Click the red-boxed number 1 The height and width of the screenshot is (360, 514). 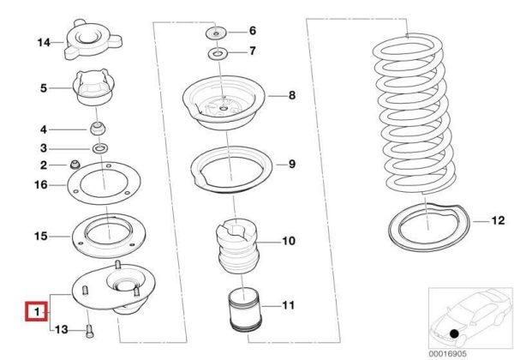point(37,311)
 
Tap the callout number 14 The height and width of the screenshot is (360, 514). point(44,42)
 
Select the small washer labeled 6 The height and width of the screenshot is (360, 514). point(217,33)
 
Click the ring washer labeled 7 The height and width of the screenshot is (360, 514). point(218,53)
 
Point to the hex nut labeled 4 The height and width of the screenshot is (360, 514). point(98,128)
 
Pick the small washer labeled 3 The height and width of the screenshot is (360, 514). point(99,148)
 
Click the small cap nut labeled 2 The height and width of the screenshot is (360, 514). point(75,165)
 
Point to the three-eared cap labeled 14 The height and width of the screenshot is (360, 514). point(93,41)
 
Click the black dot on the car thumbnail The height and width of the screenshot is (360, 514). point(454,333)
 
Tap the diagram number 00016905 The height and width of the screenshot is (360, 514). point(447,354)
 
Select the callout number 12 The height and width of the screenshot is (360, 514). point(498,220)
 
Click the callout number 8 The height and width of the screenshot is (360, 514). point(292,95)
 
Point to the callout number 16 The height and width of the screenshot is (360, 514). point(41,185)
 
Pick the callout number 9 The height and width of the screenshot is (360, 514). point(292,164)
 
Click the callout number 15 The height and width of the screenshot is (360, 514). point(41,236)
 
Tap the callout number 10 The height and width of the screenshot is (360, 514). point(289,241)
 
